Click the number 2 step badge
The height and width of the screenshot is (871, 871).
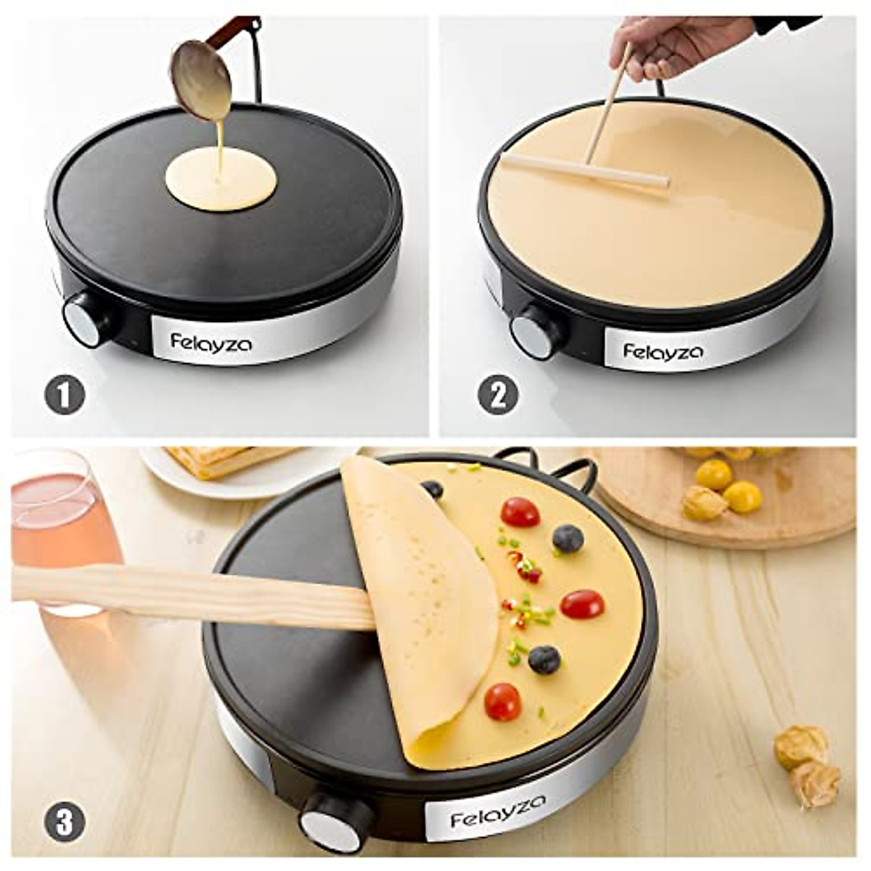[x=498, y=396]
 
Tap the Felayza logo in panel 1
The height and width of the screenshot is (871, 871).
[x=213, y=341]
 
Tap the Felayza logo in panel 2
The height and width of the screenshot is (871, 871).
[x=663, y=351]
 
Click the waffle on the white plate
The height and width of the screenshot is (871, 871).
[x=218, y=461]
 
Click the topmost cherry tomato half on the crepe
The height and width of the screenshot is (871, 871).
[x=520, y=512]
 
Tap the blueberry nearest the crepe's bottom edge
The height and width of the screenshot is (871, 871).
[x=544, y=659]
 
